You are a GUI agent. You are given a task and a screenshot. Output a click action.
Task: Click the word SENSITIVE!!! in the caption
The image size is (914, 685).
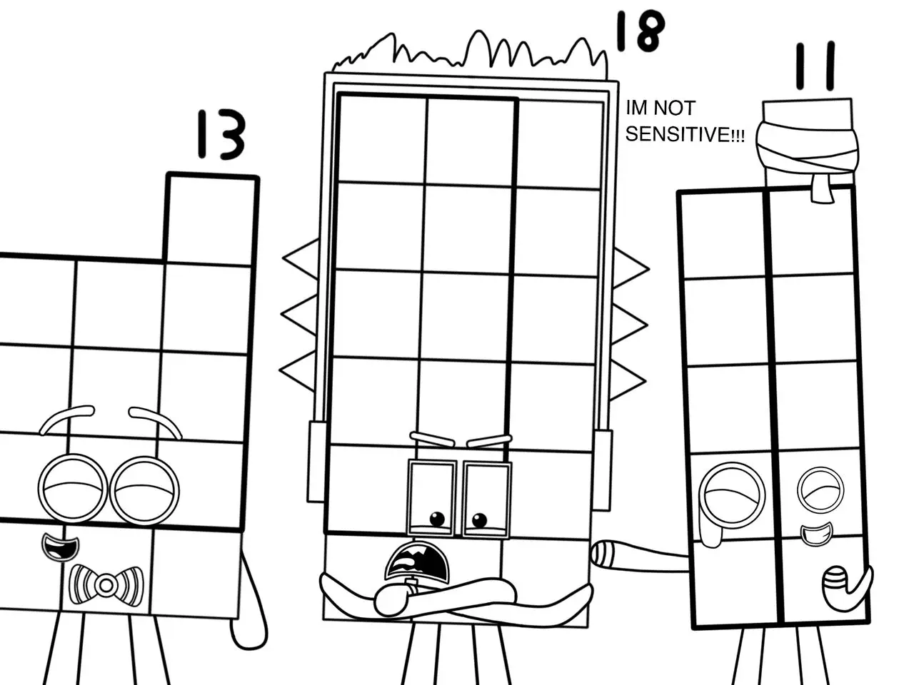tap(685, 135)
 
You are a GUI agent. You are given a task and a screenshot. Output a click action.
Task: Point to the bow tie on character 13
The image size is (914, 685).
tap(106, 584)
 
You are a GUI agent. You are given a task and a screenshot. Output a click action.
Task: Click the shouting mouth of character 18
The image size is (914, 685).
tap(418, 564)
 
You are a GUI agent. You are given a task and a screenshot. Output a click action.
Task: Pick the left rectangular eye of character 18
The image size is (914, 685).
tap(432, 498)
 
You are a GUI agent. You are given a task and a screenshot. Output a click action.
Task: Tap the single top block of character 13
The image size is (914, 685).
tap(211, 218)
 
